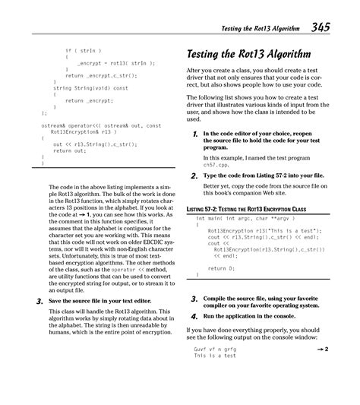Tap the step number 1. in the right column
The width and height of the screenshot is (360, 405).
click(195, 134)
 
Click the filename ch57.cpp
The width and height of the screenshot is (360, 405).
click(219, 164)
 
